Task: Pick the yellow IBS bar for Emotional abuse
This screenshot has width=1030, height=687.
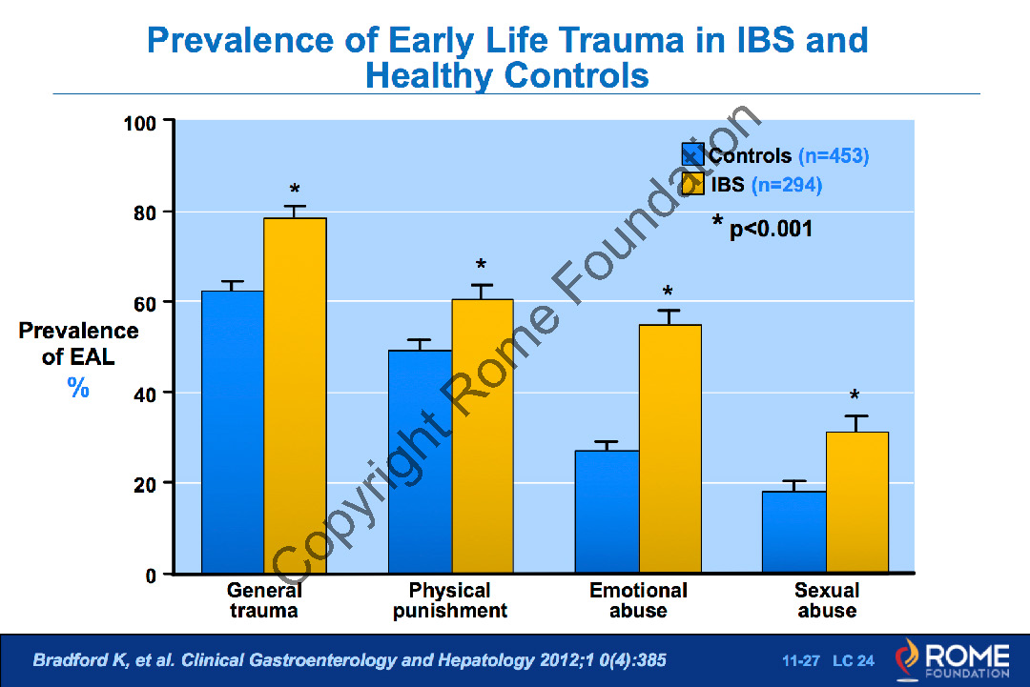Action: pos(669,449)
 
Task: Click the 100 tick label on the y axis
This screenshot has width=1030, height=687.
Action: pos(142,122)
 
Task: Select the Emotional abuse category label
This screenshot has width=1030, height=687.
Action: pos(638,600)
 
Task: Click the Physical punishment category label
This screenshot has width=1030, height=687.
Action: pos(449,600)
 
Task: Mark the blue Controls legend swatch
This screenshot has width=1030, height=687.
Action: pos(692,155)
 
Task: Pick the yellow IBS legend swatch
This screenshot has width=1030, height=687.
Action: pos(692,184)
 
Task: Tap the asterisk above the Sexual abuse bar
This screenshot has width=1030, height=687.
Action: pos(855,396)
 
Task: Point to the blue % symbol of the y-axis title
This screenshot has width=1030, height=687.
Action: pos(78,387)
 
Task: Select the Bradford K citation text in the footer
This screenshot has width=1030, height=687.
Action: pos(349,660)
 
